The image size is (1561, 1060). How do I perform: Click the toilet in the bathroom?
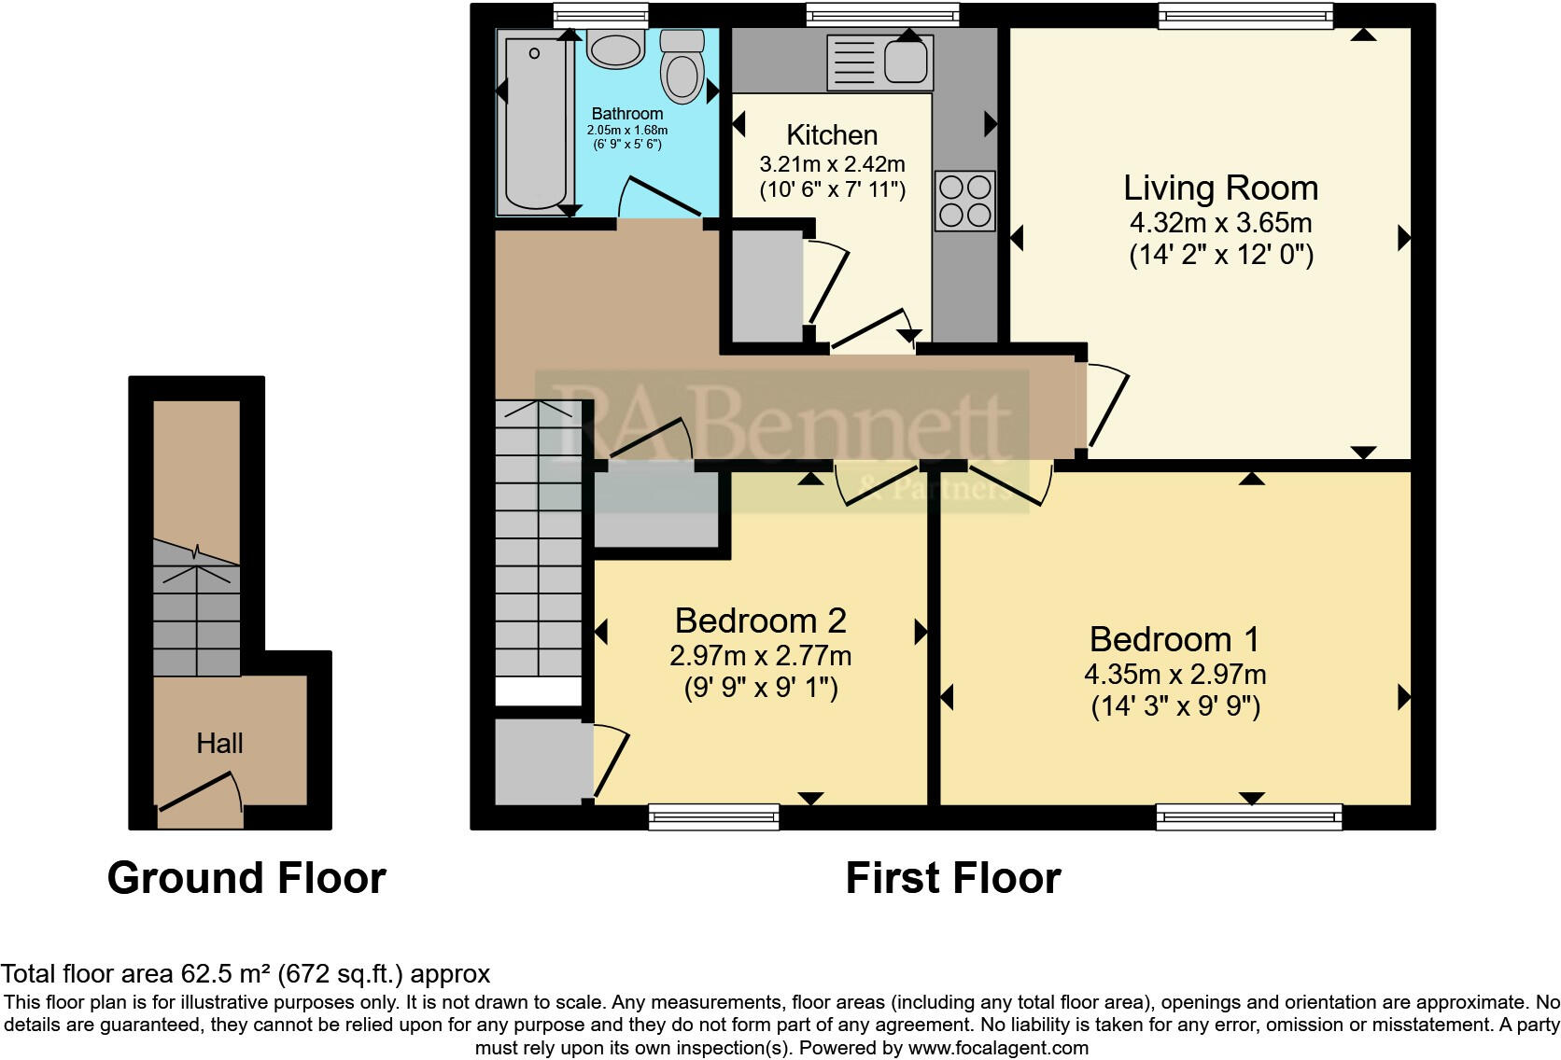[682, 67]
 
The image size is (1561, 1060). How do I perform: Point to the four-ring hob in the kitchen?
[965, 201]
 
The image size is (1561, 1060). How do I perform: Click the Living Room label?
[1220, 188]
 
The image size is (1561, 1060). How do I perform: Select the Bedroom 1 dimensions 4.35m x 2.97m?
[1174, 675]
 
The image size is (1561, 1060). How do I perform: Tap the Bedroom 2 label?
[760, 621]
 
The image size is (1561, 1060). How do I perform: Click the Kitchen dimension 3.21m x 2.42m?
[832, 165]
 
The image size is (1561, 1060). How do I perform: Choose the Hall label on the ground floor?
[219, 744]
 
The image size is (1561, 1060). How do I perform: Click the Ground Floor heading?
[246, 879]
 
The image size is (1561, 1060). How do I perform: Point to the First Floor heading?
[952, 879]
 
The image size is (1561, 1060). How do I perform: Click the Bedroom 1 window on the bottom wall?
[1249, 817]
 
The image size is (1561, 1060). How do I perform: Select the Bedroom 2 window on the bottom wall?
[714, 817]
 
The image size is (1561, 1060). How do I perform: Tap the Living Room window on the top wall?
[1245, 15]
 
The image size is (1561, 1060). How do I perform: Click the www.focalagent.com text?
[998, 1048]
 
